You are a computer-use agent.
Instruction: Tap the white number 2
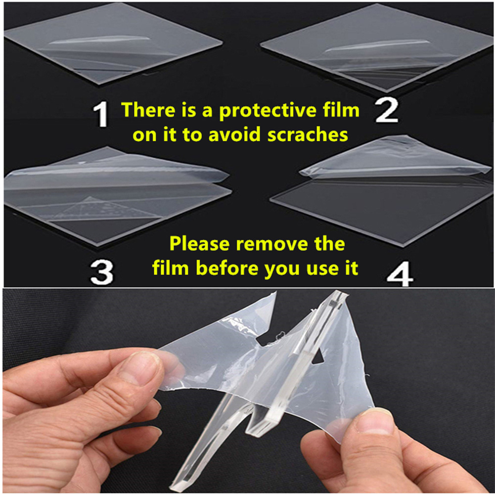point(386,110)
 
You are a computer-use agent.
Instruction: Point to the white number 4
point(400,273)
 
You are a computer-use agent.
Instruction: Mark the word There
point(147,110)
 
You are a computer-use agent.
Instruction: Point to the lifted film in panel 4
point(396,158)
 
